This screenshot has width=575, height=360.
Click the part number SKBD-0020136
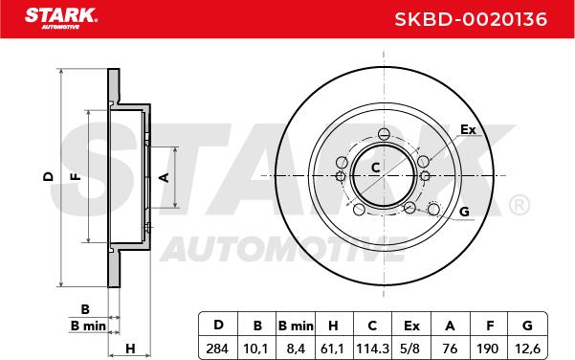pos(471,19)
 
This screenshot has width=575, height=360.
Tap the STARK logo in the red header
pos(61,18)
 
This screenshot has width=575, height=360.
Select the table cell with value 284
pos(217,349)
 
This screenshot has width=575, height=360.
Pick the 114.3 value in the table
pos(372,349)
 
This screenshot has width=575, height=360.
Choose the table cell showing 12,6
pos(527,349)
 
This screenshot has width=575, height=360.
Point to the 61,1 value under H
pos(332,349)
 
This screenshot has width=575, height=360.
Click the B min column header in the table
pos(296,326)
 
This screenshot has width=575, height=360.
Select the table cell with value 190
pos(487,349)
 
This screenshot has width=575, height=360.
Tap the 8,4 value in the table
pos(296,349)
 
